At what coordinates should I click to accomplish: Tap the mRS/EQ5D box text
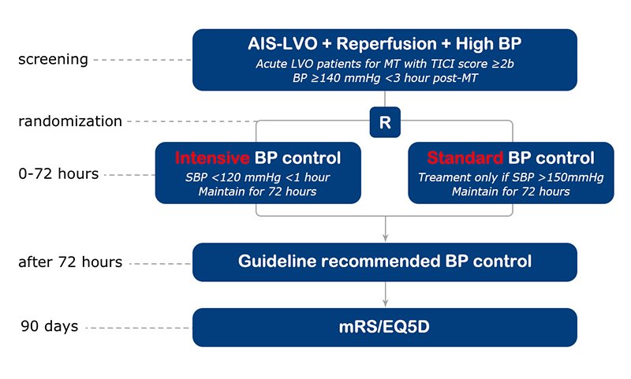coord(385,326)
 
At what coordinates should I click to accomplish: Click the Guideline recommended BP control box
coord(385,262)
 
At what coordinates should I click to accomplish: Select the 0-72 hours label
coord(59,174)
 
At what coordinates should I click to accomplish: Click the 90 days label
coord(49,326)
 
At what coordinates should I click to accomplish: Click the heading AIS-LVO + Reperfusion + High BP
coord(385,45)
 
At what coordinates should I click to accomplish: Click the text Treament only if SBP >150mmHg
coord(510,177)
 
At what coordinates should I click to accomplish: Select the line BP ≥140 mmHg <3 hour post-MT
coord(385,79)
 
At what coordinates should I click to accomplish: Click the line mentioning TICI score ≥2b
coord(385,65)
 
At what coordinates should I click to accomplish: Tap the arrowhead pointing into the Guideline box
coord(385,237)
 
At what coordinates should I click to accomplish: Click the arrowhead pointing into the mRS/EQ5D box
coord(385,303)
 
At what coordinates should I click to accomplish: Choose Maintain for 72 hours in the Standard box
coord(510,192)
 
